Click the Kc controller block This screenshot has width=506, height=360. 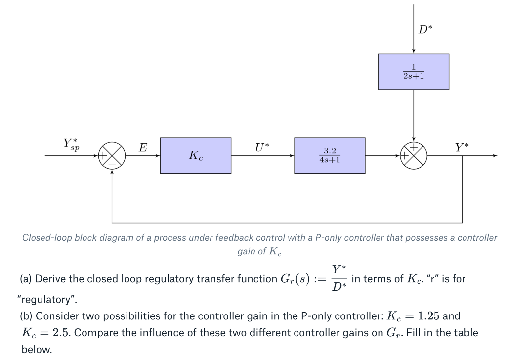coord(195,156)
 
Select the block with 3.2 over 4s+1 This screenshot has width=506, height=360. coord(330,156)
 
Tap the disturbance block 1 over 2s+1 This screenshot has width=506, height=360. coord(413,72)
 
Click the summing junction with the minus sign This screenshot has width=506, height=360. coord(112,156)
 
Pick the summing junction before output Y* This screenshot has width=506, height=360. coord(413,156)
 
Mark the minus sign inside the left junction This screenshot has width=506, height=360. coord(113,162)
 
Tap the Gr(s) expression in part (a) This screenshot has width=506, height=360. coord(295,279)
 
